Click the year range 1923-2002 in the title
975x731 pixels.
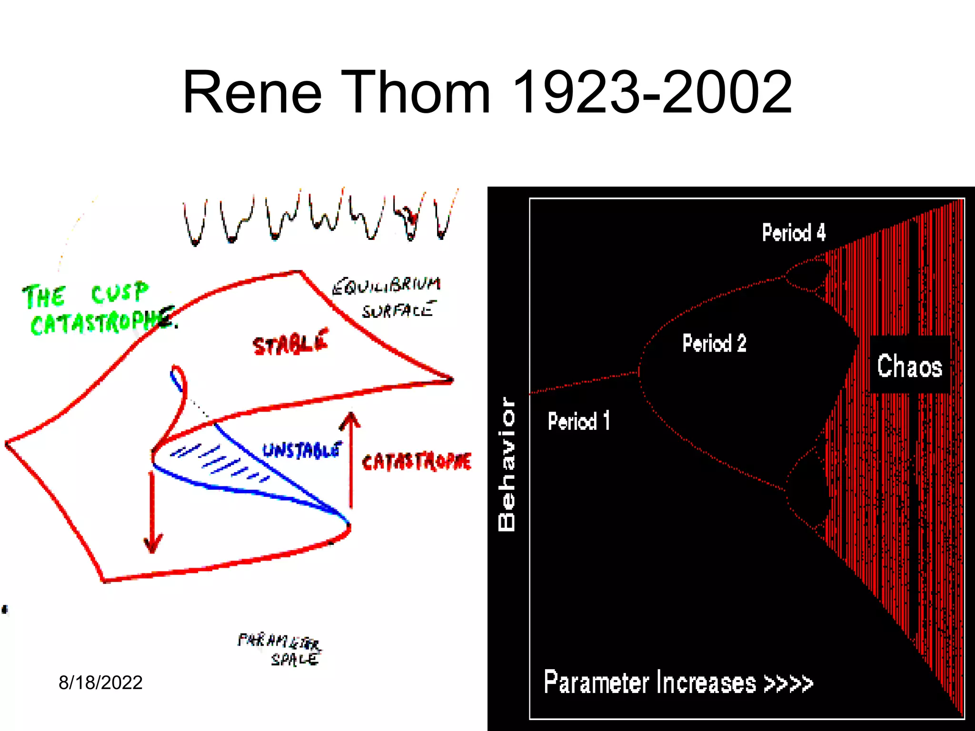[651, 92]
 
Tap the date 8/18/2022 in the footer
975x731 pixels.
[100, 682]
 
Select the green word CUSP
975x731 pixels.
[119, 292]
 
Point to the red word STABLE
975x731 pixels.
[290, 342]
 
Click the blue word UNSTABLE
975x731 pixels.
[302, 450]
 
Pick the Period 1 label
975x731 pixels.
[578, 421]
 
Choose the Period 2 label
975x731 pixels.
[714, 343]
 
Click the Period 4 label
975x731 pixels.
[794, 233]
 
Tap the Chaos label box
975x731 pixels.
[909, 365]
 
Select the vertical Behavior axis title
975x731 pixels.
[507, 464]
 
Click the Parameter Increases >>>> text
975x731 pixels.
[678, 682]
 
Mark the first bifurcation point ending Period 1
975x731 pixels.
[638, 373]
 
